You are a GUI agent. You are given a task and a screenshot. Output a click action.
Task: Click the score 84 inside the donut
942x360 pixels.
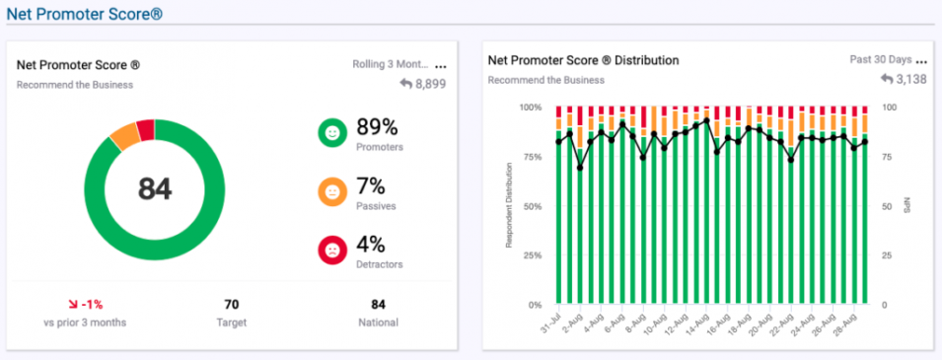pos(155,189)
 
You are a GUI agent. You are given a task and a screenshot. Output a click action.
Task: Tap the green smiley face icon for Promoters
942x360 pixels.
pos(331,133)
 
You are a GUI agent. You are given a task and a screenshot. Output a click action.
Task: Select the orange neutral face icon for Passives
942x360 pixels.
pos(331,191)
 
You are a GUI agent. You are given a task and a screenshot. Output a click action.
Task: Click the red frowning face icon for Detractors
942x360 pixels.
pos(331,251)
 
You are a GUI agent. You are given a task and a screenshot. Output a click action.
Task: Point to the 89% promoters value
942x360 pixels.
pos(376,127)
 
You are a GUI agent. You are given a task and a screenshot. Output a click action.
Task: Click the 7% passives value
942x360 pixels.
pos(370,185)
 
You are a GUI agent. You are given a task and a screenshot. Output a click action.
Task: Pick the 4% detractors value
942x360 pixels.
pos(370,244)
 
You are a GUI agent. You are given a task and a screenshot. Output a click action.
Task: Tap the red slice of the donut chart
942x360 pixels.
pos(146,129)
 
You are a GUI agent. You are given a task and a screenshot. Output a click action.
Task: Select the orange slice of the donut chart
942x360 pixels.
pos(124,136)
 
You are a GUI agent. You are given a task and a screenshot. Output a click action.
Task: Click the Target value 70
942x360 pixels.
pos(232,305)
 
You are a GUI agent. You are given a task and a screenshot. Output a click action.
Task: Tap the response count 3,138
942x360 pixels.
pos(908,79)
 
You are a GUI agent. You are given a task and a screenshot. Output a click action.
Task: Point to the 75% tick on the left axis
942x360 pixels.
pos(530,157)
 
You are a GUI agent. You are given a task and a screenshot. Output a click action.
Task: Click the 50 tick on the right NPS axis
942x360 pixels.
pos(887,206)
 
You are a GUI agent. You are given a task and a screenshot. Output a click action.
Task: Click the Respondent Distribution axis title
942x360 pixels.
pos(509,205)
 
